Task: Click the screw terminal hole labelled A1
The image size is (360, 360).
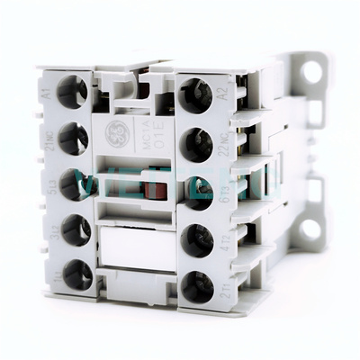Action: tap(72, 91)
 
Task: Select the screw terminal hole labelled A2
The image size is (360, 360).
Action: tap(195, 94)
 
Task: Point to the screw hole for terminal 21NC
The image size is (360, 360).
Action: tap(73, 137)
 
